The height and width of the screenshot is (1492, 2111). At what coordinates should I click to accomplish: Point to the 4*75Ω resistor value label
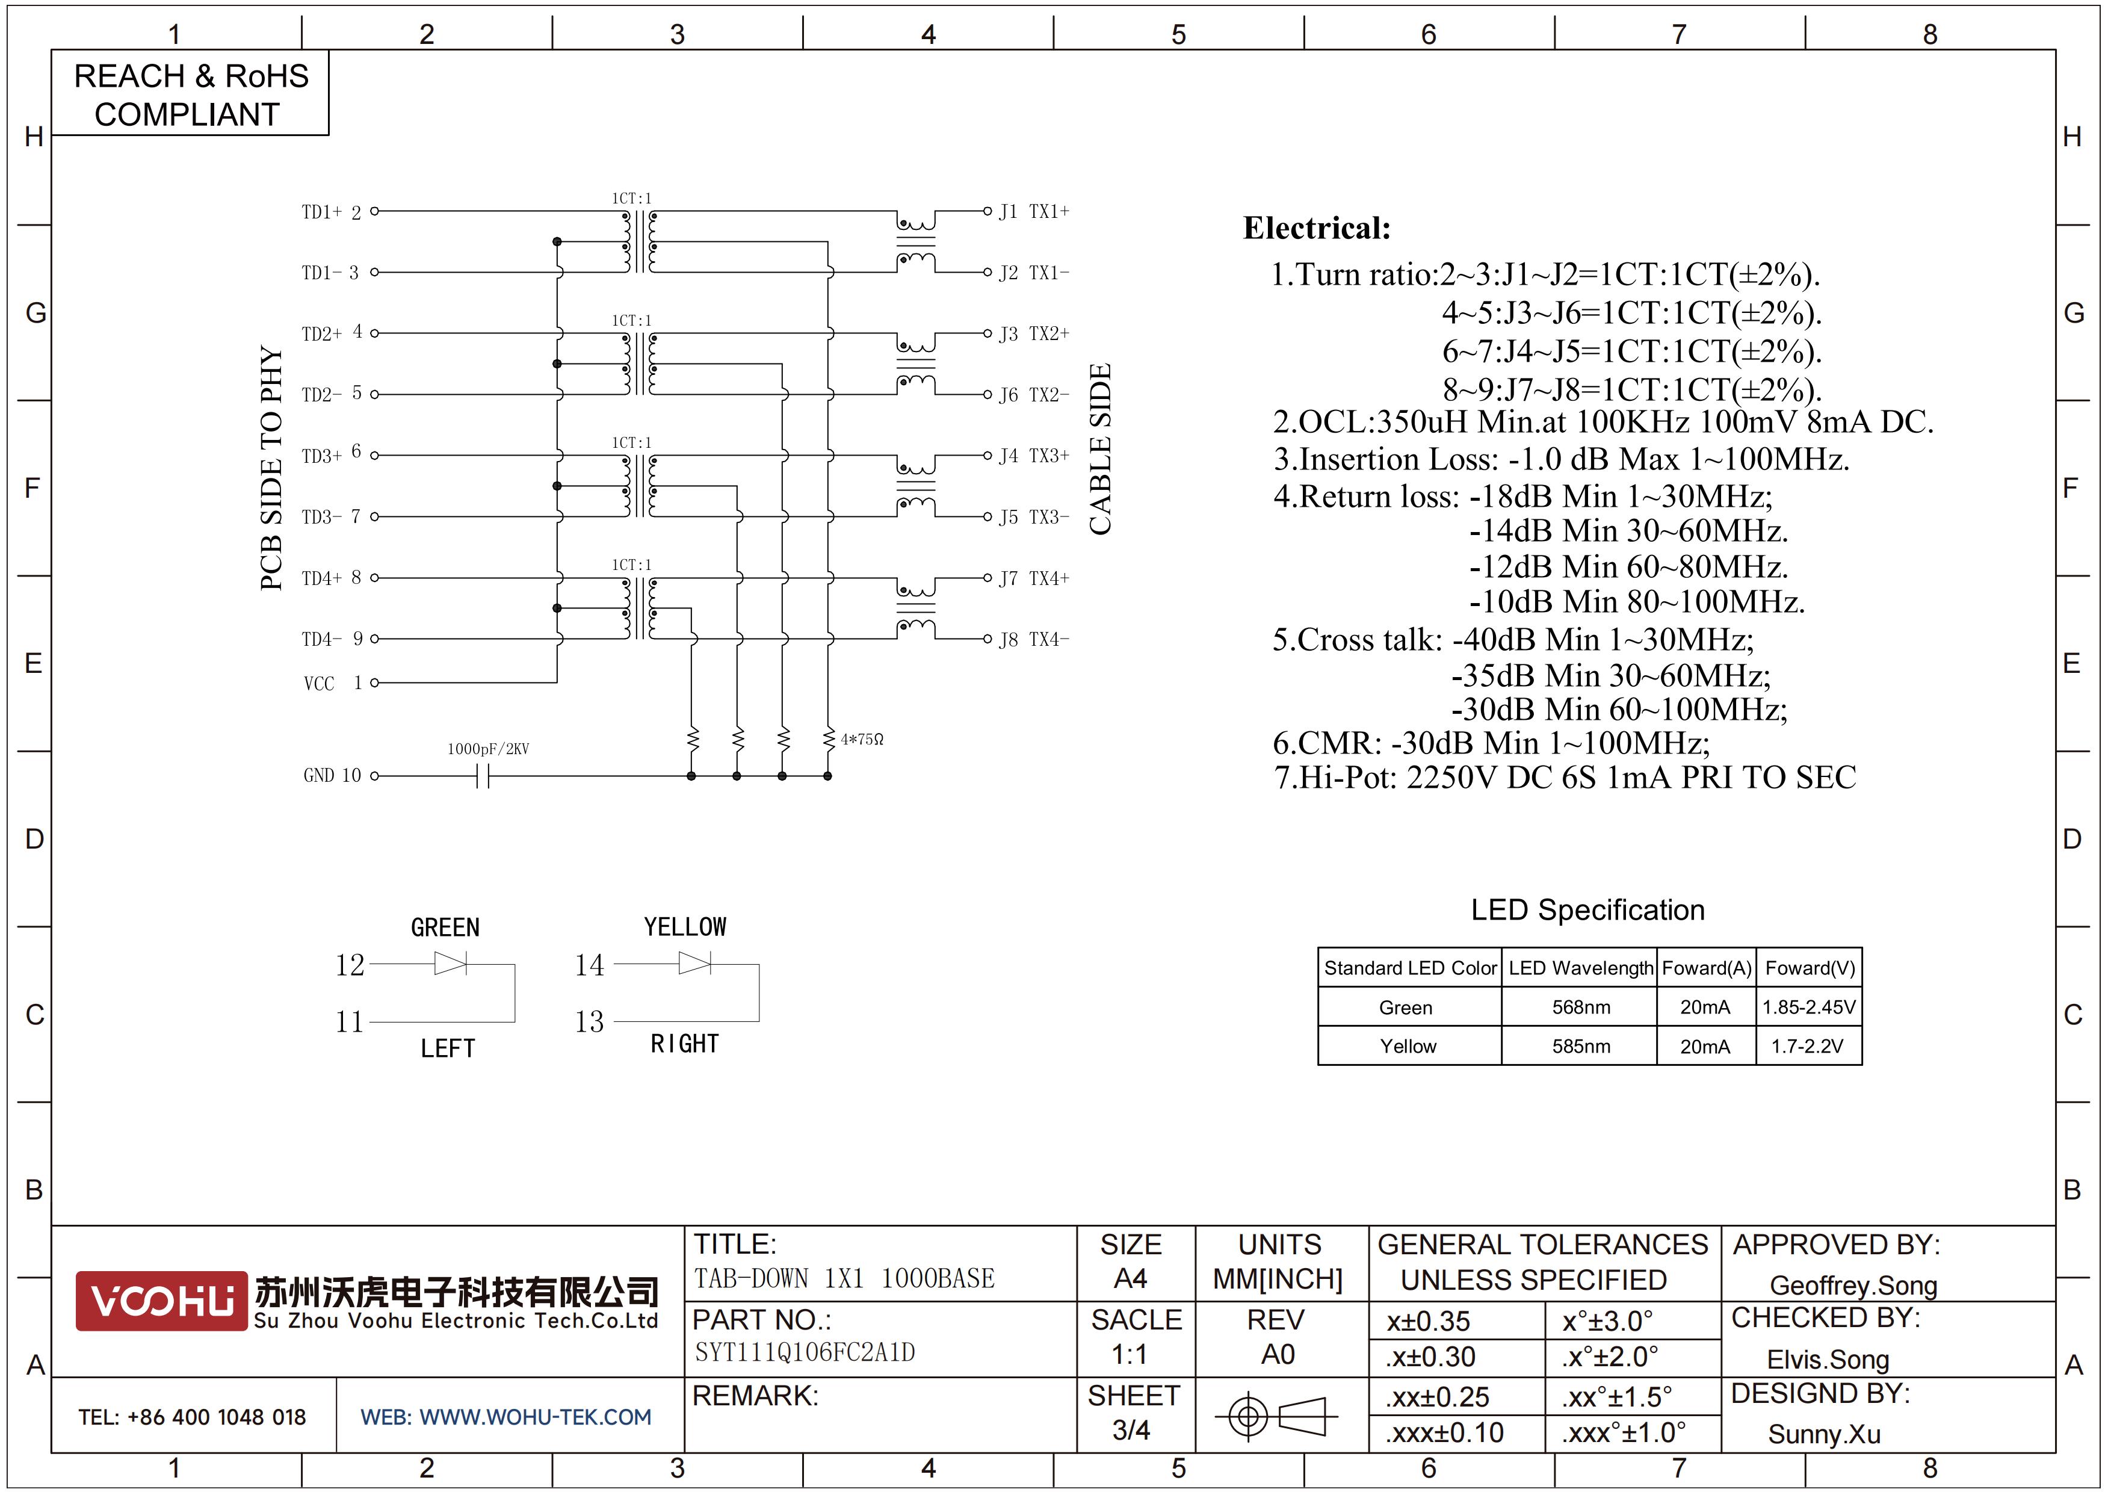862,739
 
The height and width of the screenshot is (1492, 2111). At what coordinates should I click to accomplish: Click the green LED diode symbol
451,964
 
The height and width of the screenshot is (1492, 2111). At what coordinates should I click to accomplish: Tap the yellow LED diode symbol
695,964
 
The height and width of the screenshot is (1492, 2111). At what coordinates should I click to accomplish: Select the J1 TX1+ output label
1034,211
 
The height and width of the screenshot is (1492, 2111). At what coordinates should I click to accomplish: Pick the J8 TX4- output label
1034,639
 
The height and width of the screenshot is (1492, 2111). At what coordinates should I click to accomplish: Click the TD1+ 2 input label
331,212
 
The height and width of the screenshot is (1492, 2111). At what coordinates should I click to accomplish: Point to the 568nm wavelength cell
1580,1007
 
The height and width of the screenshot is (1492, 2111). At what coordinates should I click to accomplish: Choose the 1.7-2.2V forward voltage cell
1808,1046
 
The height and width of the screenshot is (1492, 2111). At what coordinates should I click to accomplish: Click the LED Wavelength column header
1580,968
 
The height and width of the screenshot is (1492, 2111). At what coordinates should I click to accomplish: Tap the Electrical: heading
1317,228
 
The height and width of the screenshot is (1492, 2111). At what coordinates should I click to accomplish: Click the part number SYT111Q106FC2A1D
805,1352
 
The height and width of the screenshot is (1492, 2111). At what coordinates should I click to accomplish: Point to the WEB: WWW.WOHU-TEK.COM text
505,1417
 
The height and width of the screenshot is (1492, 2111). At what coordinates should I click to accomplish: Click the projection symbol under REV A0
1276,1416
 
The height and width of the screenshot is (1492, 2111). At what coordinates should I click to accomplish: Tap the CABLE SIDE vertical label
1101,450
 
